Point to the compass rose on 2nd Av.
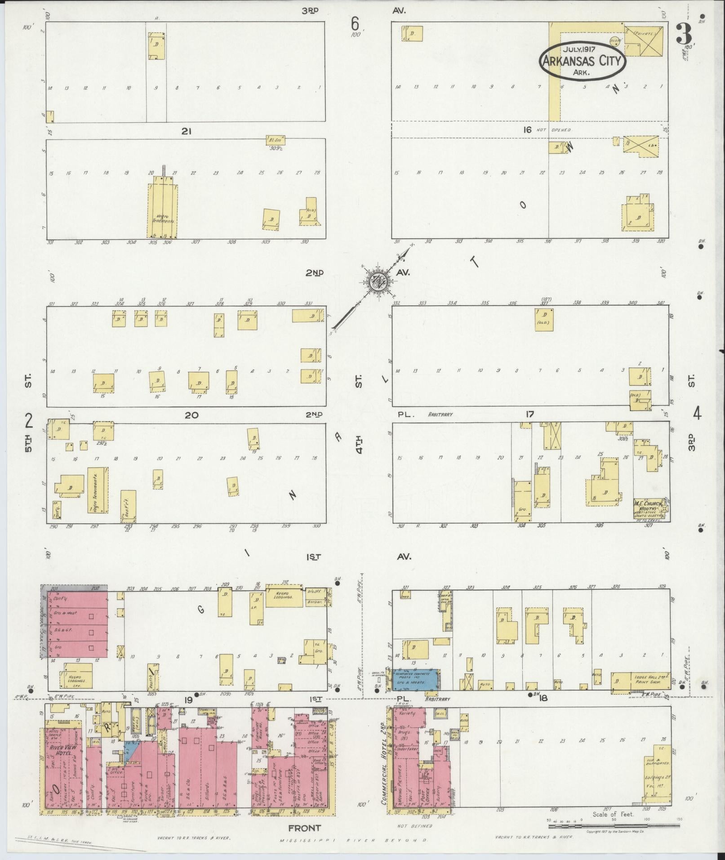(377, 282)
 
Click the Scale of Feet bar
(614, 826)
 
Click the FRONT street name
(305, 828)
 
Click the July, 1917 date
(582, 49)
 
